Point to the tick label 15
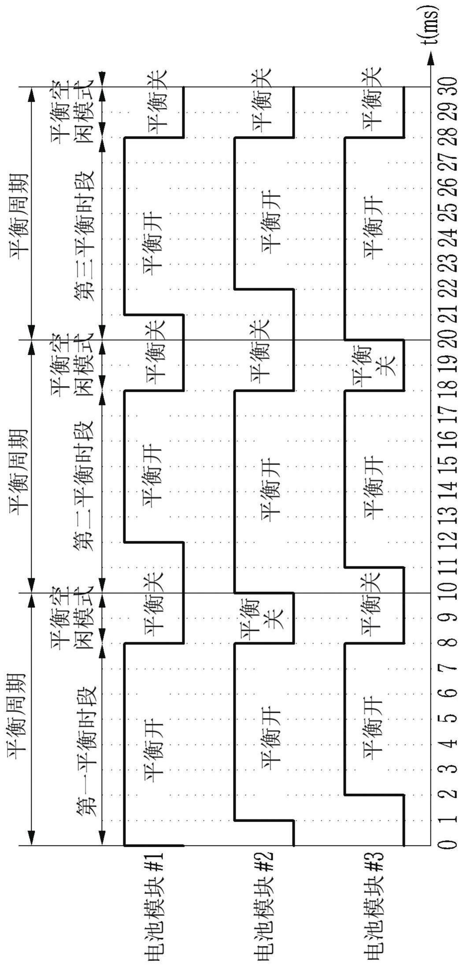click(447, 466)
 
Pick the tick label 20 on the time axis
click(447, 339)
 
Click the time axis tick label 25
click(447, 213)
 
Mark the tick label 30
click(447, 87)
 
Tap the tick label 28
click(447, 138)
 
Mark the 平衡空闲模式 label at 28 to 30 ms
click(72, 112)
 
